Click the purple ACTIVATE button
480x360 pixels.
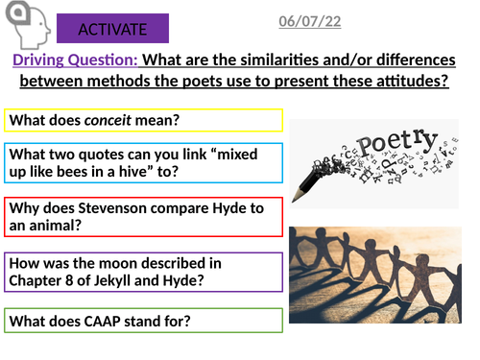112,29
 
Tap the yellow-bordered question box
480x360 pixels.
144,121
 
